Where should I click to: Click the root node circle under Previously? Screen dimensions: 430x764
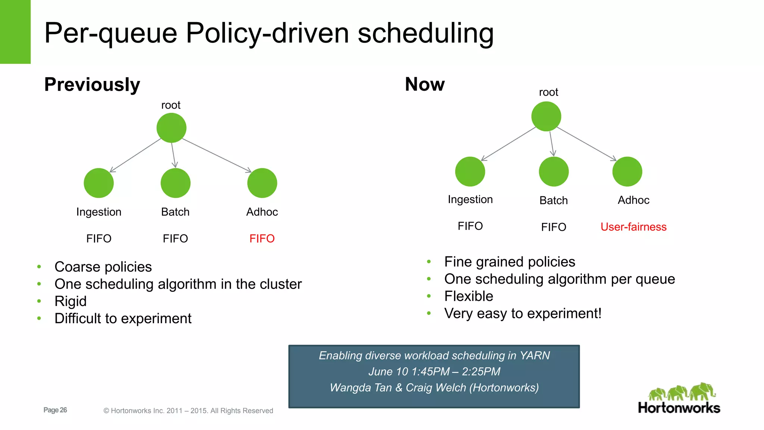171,128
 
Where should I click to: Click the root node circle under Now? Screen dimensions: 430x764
546,116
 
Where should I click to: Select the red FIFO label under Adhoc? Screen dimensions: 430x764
262,239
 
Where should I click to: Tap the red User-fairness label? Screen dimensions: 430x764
633,227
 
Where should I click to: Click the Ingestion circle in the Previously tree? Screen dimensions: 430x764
98,183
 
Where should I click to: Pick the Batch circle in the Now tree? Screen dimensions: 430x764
554,172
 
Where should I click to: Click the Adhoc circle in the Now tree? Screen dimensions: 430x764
627,172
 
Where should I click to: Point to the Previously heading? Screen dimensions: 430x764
92,84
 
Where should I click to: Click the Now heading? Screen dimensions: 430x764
425,84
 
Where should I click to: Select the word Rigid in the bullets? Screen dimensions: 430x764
71,301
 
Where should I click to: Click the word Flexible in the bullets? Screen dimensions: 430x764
469,296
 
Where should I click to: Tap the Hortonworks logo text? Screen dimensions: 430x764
679,408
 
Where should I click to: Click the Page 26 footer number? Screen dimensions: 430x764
55,410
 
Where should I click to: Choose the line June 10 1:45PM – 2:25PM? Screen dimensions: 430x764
434,371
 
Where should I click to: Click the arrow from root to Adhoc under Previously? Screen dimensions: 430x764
216,155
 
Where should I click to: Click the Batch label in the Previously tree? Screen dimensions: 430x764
175,212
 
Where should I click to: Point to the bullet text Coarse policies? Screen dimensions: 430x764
103,267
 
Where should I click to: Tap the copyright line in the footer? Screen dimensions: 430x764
188,411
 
